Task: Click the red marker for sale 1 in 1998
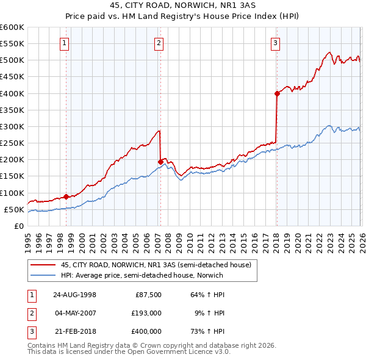[66, 196]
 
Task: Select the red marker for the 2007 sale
[160, 162]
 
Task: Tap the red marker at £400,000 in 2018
[277, 93]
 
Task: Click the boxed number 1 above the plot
[65, 43]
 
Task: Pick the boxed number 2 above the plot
[159, 43]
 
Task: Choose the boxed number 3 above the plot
[276, 43]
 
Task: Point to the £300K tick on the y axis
[12, 126]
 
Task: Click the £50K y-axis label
[14, 209]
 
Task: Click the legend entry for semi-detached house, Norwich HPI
[142, 275]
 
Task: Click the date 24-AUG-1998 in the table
[74, 294]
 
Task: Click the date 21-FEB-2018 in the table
[74, 332]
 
